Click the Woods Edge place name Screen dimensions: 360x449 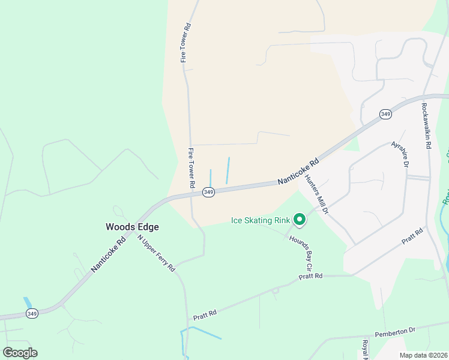132,227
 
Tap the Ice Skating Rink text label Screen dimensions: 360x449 261,220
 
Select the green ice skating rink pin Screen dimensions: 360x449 300,220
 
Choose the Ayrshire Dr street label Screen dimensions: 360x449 400,154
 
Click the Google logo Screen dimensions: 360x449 20,352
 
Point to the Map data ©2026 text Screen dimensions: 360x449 423,355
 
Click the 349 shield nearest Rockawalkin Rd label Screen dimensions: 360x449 385,114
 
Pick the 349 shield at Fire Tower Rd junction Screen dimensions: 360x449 208,192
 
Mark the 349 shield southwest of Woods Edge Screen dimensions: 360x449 32,314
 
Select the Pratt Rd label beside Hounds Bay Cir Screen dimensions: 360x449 311,276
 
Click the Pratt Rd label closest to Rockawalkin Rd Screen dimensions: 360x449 413,235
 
